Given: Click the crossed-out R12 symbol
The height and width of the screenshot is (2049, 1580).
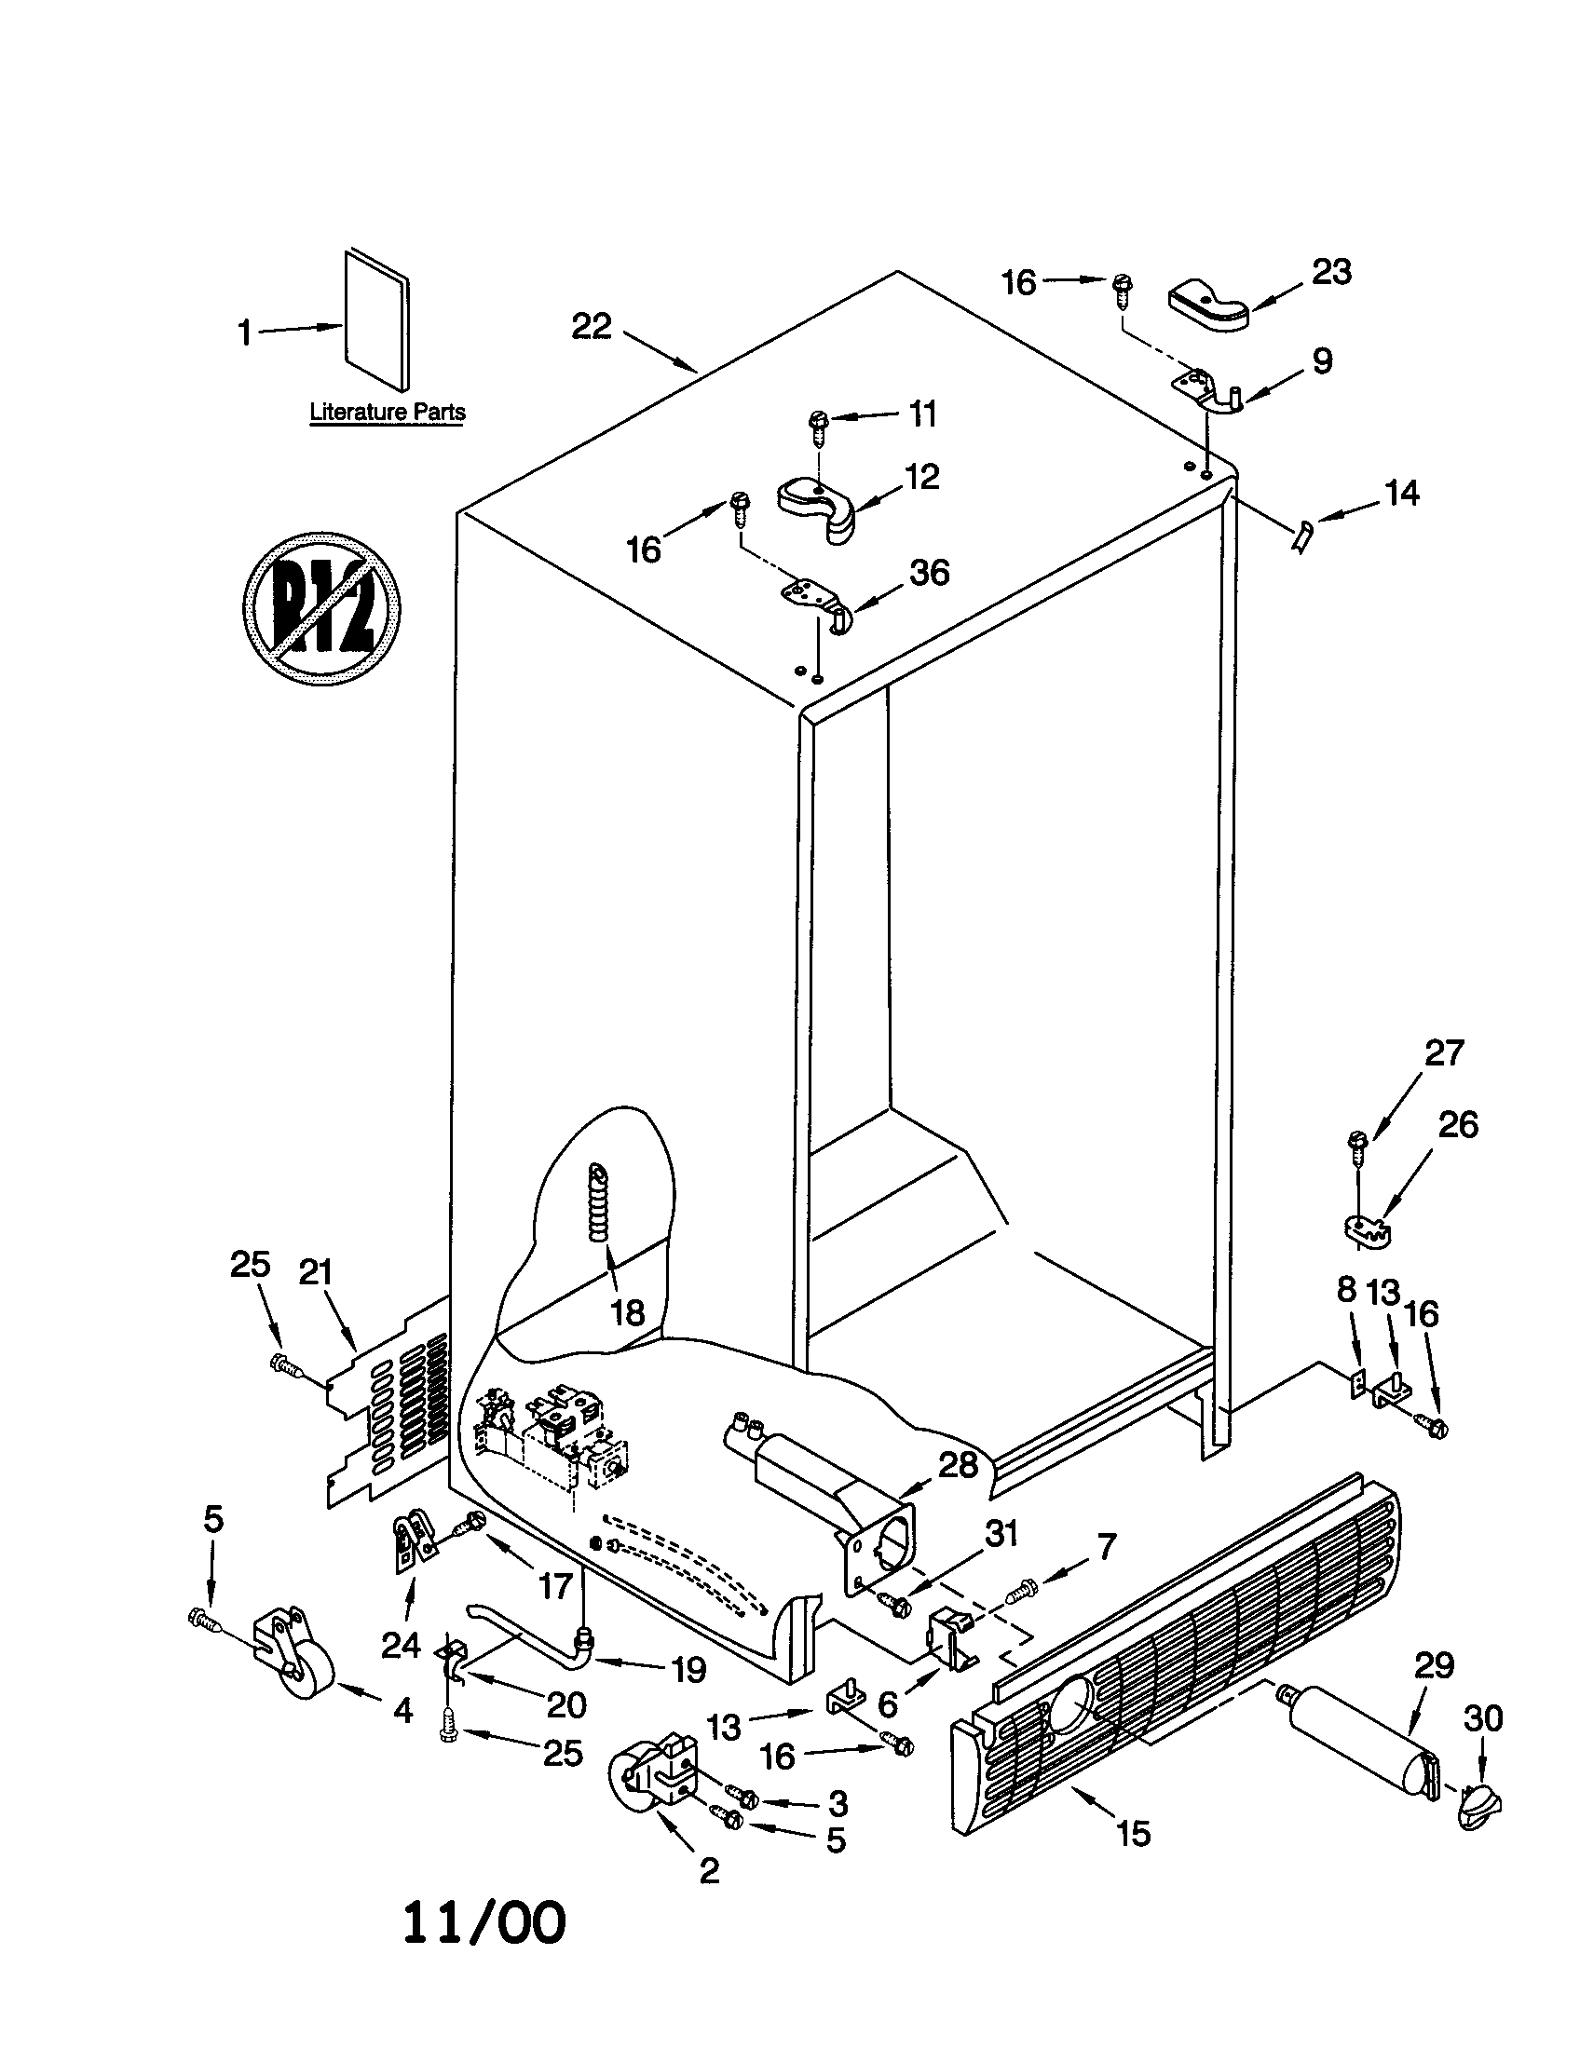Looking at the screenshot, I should pyautogui.click(x=321, y=608).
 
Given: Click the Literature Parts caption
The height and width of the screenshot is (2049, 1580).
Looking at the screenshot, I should pyautogui.click(x=388, y=412).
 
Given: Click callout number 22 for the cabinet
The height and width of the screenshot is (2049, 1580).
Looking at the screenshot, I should pyautogui.click(x=591, y=328).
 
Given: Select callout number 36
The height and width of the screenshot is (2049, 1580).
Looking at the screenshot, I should pyautogui.click(x=929, y=572).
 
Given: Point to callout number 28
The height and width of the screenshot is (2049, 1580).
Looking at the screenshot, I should pyautogui.click(x=958, y=1465).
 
